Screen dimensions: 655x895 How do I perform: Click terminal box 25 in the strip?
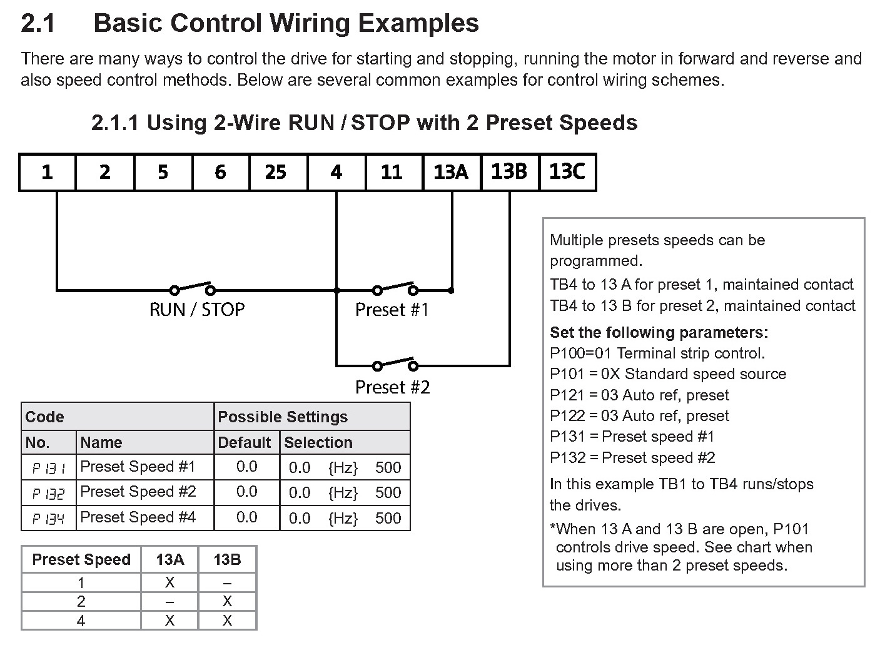tap(278, 172)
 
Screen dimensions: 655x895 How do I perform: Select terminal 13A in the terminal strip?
tap(451, 172)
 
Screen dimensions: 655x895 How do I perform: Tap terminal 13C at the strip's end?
tap(567, 172)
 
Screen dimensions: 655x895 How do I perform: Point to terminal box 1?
tap(48, 172)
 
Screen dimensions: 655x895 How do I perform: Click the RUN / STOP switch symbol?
tap(193, 288)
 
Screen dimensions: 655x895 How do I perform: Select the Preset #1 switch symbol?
tap(395, 288)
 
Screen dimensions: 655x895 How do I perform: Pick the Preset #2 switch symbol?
tap(395, 364)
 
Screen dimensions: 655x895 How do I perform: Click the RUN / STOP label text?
tap(197, 310)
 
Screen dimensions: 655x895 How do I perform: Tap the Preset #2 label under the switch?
tap(392, 387)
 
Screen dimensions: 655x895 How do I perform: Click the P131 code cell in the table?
tap(49, 467)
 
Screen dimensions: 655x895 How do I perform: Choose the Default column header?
tap(244, 443)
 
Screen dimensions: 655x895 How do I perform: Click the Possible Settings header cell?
tap(283, 417)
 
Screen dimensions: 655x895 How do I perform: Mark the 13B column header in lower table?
tap(227, 560)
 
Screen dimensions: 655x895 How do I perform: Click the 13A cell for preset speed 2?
tap(169, 602)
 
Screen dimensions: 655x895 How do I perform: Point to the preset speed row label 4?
tap(81, 621)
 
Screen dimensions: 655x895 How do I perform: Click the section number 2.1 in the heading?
tap(38, 24)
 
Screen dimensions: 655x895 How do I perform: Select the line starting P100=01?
tap(657, 353)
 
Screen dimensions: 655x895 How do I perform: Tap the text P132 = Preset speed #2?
tap(632, 458)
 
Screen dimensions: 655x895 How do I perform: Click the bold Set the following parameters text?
tap(659, 332)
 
